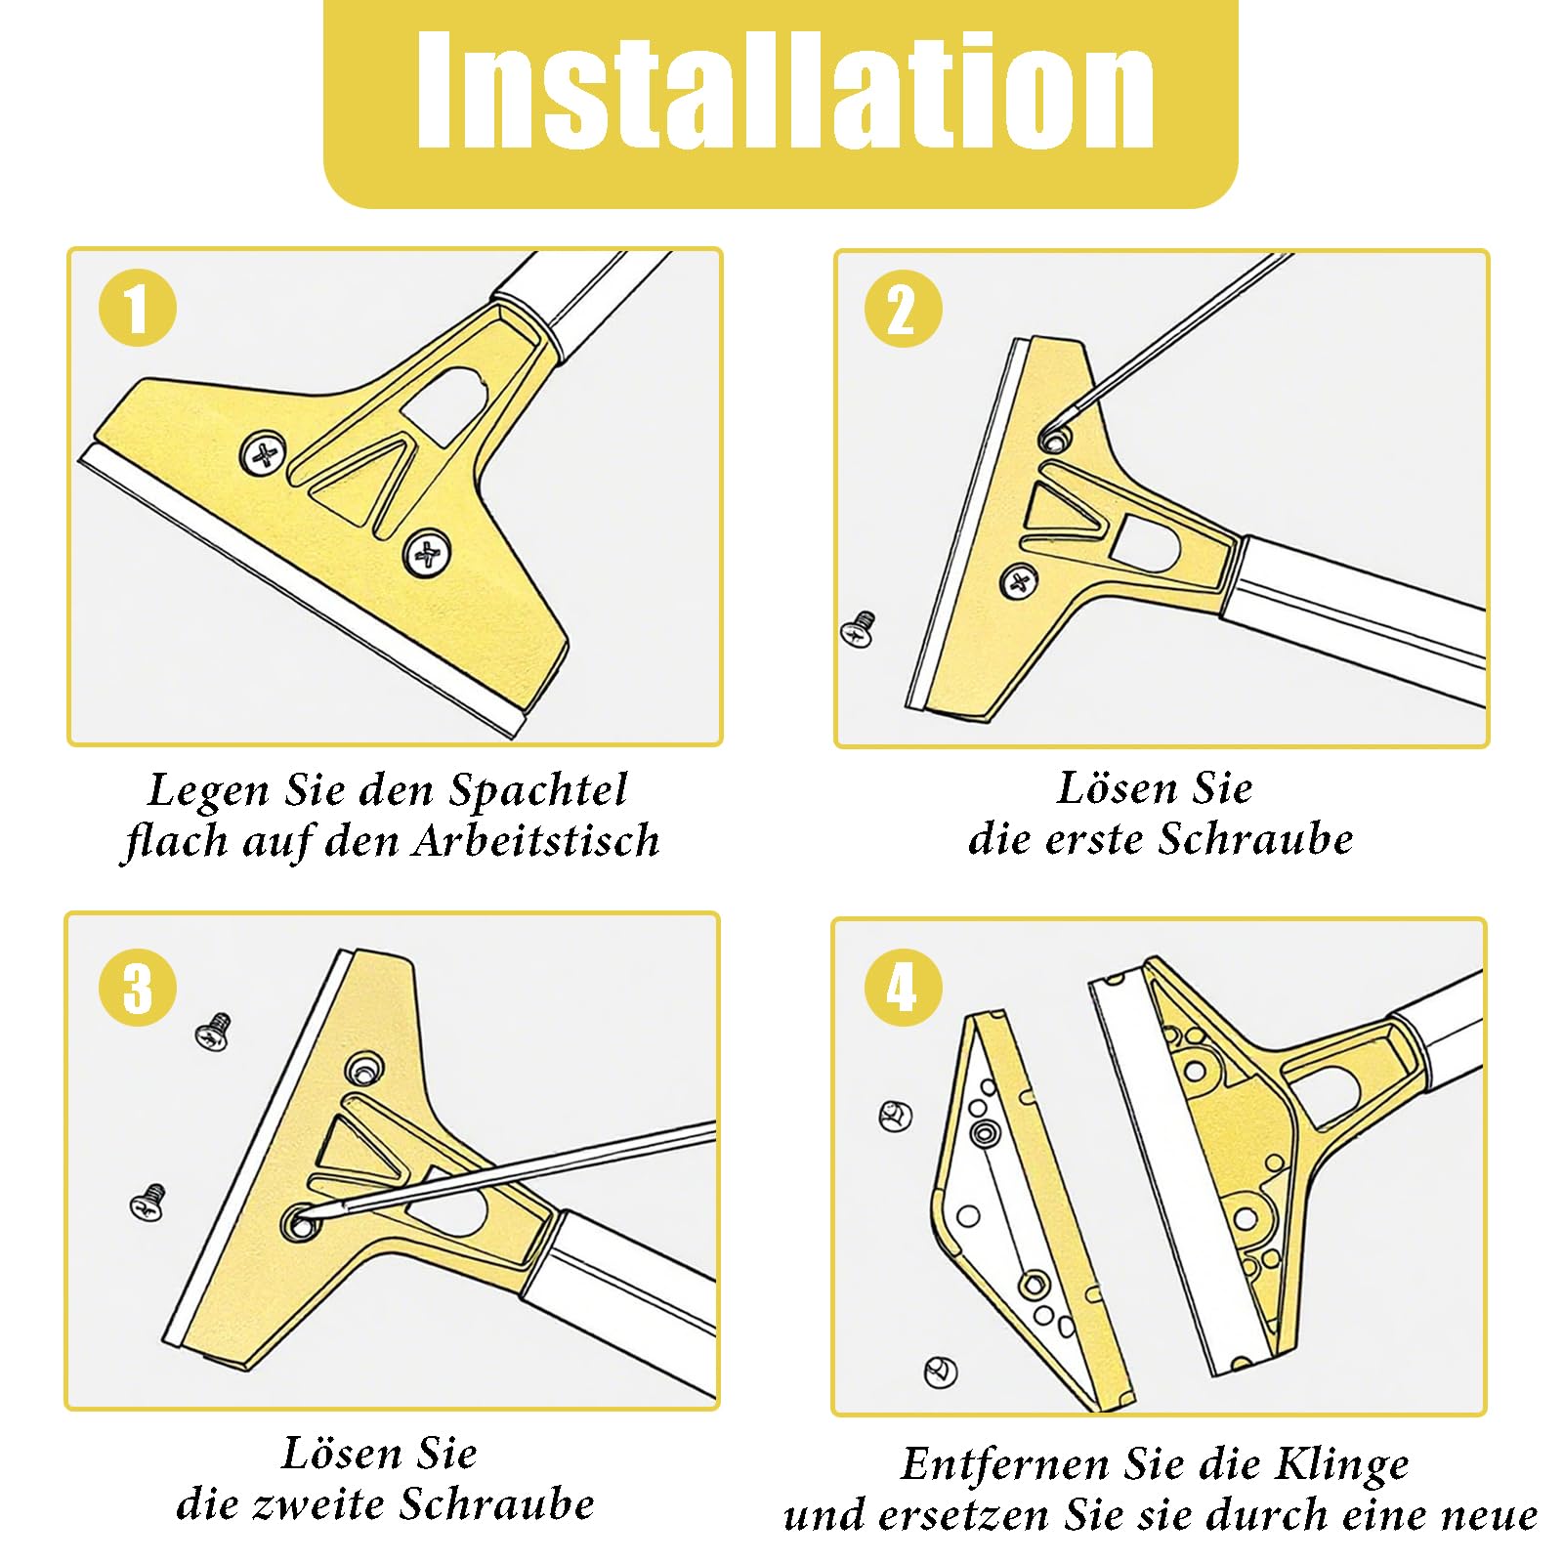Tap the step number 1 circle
[138, 308]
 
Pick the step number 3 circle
[138, 987]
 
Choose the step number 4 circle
[904, 987]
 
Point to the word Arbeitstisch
[535, 841]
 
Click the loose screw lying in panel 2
[859, 627]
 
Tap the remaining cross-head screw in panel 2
[1019, 582]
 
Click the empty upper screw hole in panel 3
[364, 1071]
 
